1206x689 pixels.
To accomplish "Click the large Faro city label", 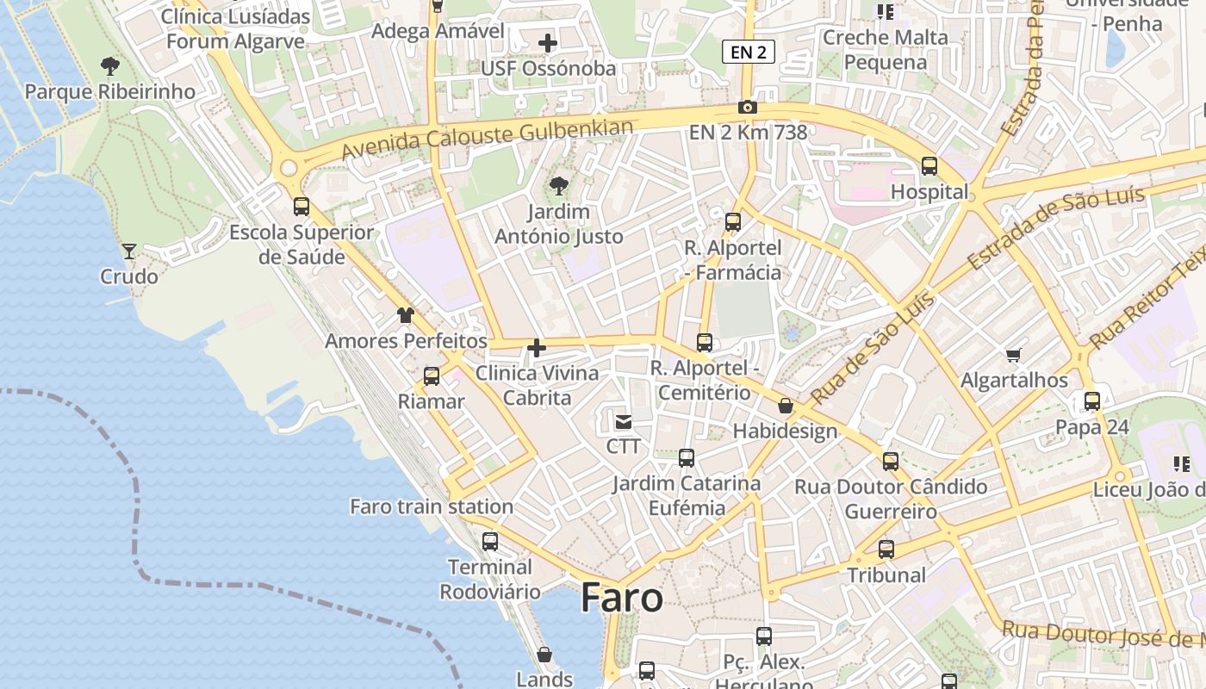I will coord(622,598).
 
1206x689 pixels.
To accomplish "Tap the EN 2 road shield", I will coord(748,53).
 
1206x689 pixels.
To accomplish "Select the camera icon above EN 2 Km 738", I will coord(748,108).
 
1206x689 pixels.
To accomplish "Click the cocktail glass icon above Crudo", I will coord(129,251).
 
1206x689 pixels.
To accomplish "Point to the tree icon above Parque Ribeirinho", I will coord(109,65).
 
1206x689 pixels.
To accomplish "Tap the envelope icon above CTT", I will coord(623,422).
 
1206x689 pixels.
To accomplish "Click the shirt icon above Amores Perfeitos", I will coord(406,315).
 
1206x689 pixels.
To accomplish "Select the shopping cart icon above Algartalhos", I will coord(1014,355).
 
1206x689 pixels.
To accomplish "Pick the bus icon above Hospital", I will coord(929,166).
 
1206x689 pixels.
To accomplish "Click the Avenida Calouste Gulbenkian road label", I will coord(488,138).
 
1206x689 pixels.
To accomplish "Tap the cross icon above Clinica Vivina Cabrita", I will coord(537,348).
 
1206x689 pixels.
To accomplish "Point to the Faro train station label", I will coord(432,506).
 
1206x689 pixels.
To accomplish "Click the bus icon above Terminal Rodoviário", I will coord(490,542).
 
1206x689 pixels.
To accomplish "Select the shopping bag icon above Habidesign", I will coord(785,406).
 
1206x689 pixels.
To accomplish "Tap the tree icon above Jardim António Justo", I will coord(559,185).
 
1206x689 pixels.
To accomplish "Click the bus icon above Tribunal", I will coord(886,549).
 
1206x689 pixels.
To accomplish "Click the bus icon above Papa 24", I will coord(1092,401).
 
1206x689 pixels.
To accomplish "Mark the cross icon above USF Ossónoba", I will coord(548,42).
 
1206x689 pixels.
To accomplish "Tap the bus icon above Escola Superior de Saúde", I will coord(301,207).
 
